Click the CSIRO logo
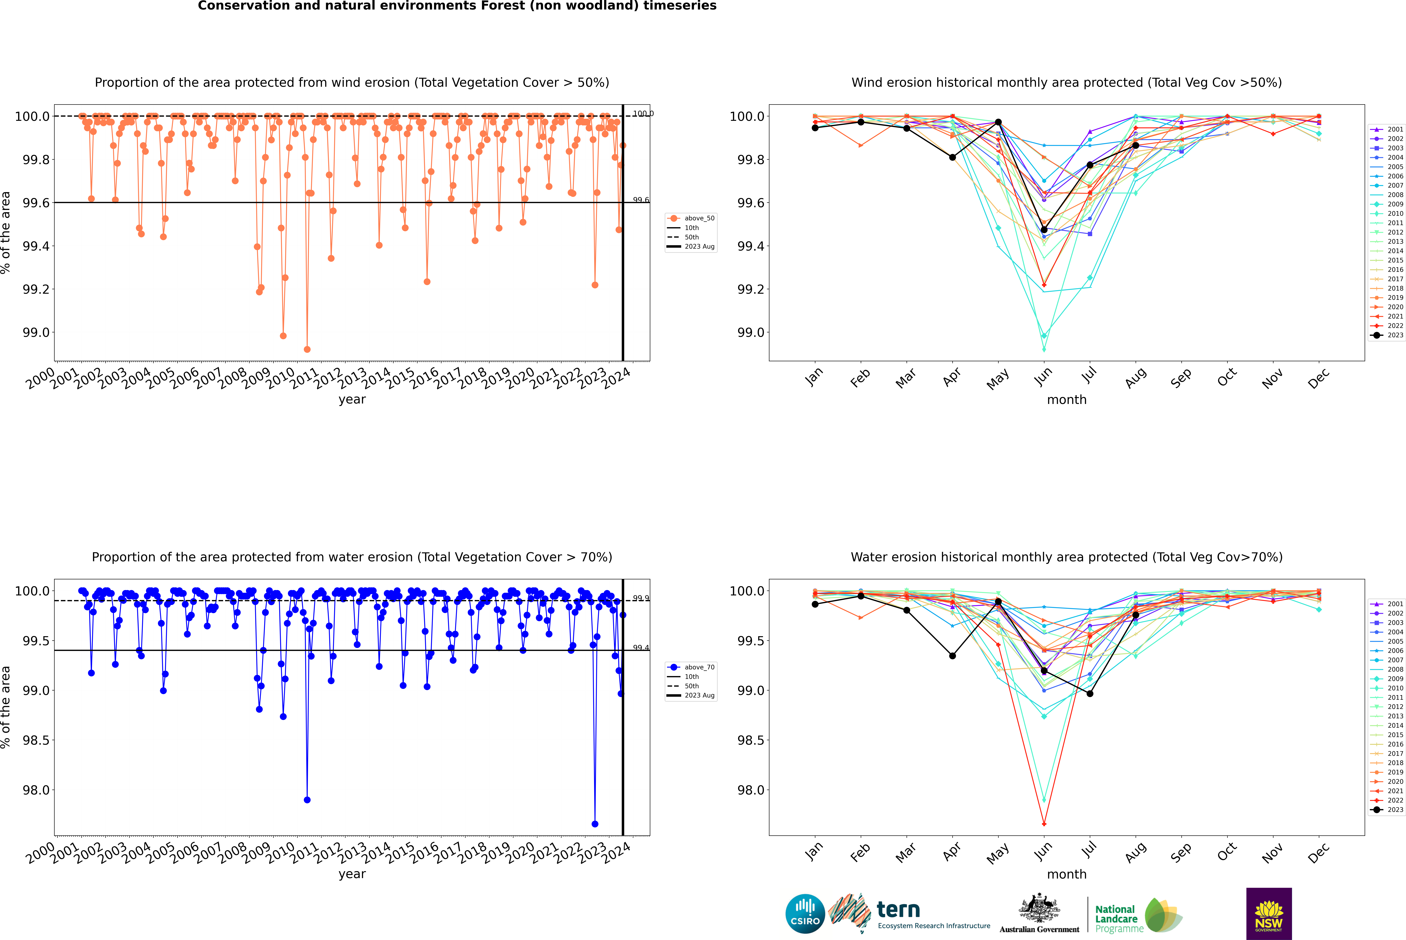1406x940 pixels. (805, 914)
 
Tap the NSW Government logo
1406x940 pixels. (1269, 914)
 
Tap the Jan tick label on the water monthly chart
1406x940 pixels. (814, 853)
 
